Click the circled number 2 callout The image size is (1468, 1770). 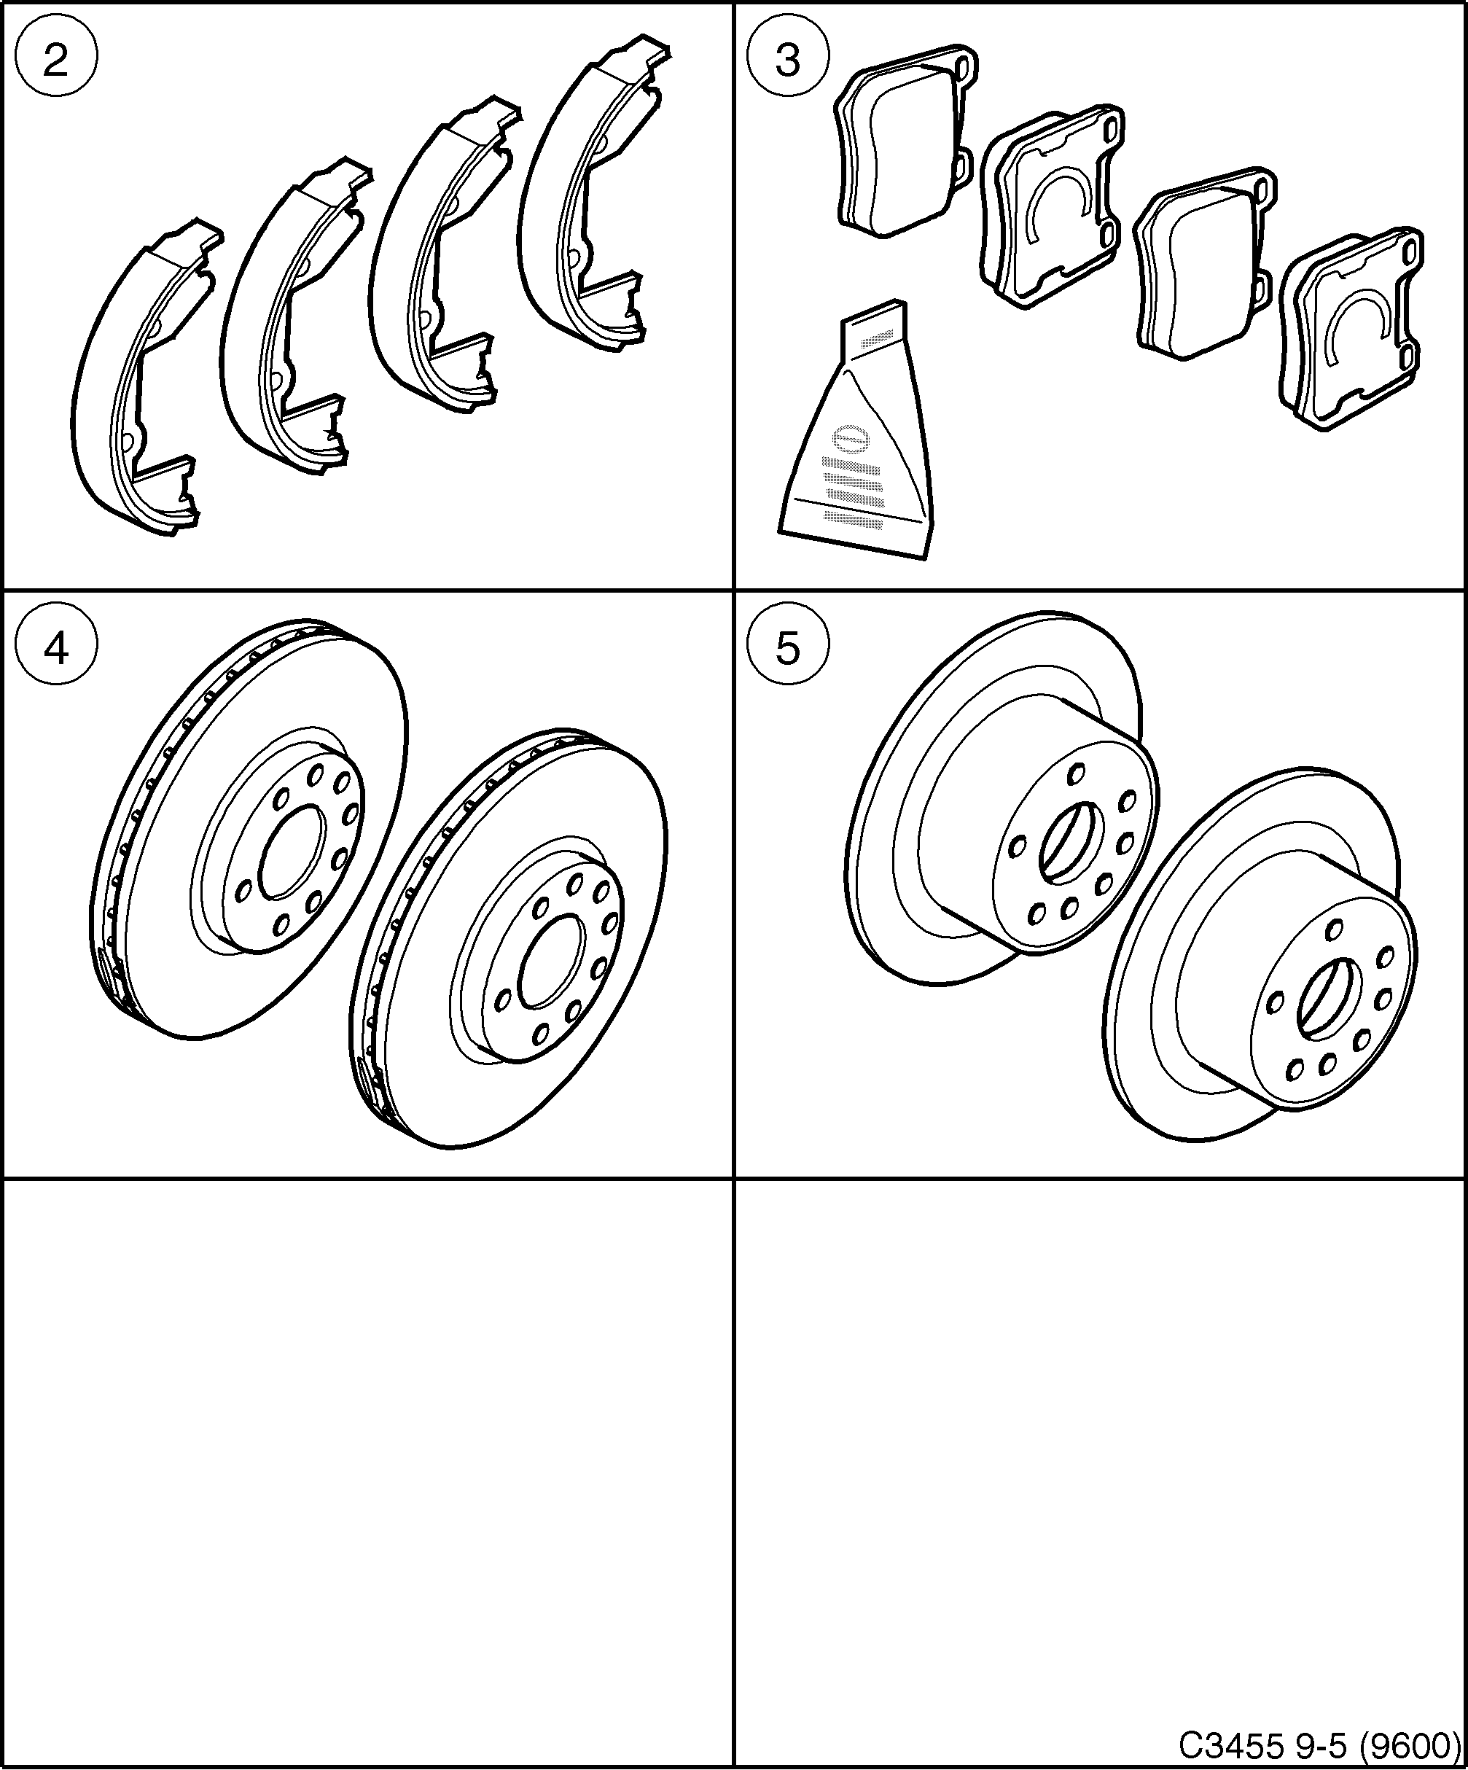[55, 61]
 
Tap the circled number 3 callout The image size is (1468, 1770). [787, 61]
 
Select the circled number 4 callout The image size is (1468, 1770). [55, 649]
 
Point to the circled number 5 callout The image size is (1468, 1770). [787, 649]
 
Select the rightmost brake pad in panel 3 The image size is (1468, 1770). [1348, 329]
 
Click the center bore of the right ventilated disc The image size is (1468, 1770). [552, 961]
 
